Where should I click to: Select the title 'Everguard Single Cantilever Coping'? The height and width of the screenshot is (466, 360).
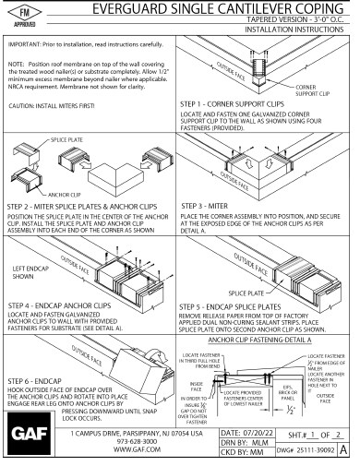(203, 9)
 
